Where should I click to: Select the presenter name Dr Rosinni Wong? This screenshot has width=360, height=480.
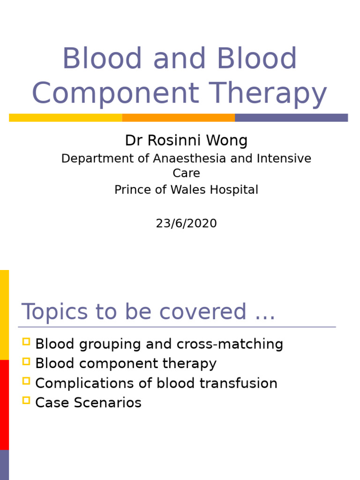(x=186, y=140)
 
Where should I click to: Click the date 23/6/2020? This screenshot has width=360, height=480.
(x=186, y=224)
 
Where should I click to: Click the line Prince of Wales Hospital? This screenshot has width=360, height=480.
(x=186, y=190)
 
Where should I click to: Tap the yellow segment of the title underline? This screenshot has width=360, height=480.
(x=66, y=118)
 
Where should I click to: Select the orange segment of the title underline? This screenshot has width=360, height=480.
(x=179, y=118)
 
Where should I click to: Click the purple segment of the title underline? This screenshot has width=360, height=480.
(x=291, y=118)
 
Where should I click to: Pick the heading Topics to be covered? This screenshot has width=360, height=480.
(x=148, y=312)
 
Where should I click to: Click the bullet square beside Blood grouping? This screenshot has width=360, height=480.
(x=26, y=342)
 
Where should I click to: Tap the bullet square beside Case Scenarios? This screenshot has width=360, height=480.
(x=26, y=400)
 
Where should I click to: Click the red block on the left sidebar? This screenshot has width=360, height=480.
(x=4, y=405)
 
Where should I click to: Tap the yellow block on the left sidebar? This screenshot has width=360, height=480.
(x=4, y=315)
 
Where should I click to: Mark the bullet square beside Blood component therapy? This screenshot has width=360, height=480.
(x=26, y=361)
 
